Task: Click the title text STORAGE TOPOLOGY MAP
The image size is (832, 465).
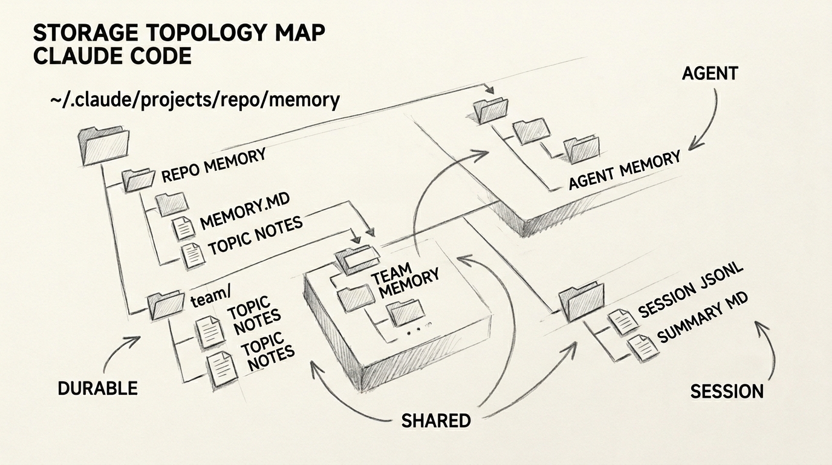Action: (179, 33)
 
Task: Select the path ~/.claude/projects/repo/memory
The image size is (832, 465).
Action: (195, 99)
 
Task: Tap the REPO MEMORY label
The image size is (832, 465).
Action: (213, 166)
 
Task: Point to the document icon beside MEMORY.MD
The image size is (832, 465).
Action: (184, 227)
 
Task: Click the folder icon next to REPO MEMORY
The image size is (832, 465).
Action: (138, 179)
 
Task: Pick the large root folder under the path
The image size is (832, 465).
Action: (104, 145)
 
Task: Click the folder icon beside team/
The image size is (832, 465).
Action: (166, 305)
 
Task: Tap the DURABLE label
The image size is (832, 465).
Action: (97, 388)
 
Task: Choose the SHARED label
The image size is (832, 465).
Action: (436, 420)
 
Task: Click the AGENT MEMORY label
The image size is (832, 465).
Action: (624, 170)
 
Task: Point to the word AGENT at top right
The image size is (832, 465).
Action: (710, 73)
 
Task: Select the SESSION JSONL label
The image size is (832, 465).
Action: (689, 291)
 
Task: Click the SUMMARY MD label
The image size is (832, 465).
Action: (702, 319)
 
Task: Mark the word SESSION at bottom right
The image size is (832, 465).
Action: (727, 391)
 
